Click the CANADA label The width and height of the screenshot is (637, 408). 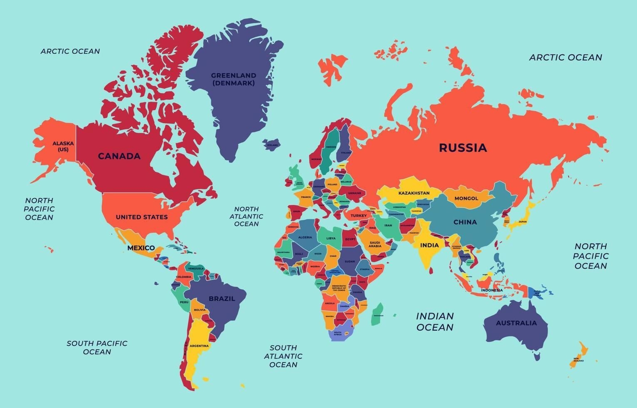[119, 156]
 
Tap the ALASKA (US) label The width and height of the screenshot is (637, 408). [63, 147]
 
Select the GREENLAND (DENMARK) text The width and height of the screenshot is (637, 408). [233, 79]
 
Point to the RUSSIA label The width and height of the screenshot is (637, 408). [463, 148]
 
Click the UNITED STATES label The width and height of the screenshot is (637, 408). [141, 217]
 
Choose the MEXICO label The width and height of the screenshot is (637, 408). [141, 248]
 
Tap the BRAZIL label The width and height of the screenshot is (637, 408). [222, 299]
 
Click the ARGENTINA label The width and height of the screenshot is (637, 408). [199, 346]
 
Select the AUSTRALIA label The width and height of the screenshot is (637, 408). [516, 323]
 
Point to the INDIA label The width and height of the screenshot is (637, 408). [429, 245]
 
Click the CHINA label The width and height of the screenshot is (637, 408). [465, 222]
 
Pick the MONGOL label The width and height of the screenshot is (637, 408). [466, 199]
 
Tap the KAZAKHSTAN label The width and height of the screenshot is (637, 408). [414, 193]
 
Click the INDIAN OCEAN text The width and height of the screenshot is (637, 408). [435, 322]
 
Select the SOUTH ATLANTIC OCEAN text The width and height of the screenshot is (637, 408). [283, 356]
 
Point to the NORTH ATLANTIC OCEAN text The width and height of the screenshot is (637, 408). [246, 216]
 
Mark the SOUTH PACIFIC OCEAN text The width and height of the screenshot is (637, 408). [97, 348]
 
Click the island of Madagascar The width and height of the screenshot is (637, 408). [377, 314]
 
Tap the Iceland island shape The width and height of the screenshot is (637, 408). [272, 145]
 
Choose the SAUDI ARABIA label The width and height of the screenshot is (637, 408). [374, 244]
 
